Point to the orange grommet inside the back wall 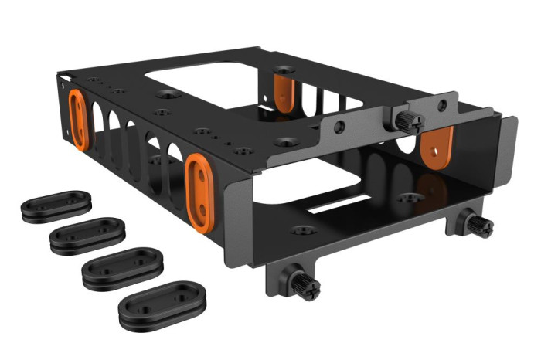(x=284, y=91)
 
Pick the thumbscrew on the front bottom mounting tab (x=305, y=284)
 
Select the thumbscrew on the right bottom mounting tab (x=479, y=225)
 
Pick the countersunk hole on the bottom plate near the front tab (x=303, y=229)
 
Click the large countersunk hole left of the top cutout (x=167, y=94)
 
